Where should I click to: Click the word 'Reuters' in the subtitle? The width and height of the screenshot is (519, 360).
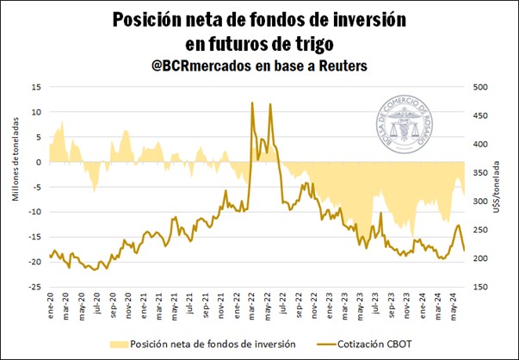pyautogui.click(x=340, y=65)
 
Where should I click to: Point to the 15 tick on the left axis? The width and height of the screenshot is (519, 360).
pyautogui.click(x=35, y=87)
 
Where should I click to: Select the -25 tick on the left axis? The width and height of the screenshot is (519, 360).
pyautogui.click(x=34, y=287)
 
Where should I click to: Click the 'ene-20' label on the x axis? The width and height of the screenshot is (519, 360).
pyautogui.click(x=52, y=307)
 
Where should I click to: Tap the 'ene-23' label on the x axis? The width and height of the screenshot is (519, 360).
pyautogui.click(x=330, y=307)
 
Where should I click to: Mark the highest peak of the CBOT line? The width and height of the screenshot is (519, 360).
pyautogui.click(x=251, y=102)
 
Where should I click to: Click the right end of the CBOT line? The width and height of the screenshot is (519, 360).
pyautogui.click(x=465, y=251)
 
